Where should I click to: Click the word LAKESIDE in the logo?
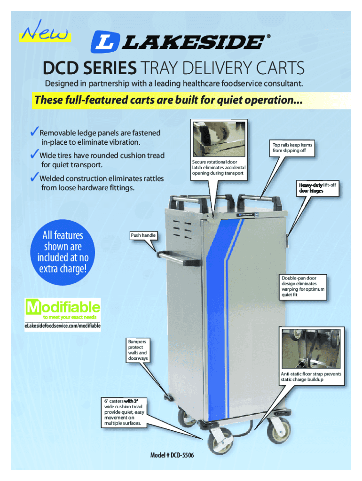click(x=193, y=42)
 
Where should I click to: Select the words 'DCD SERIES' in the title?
click(x=90, y=70)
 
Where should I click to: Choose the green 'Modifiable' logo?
click(x=63, y=309)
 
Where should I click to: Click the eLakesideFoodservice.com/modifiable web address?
click(x=63, y=326)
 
